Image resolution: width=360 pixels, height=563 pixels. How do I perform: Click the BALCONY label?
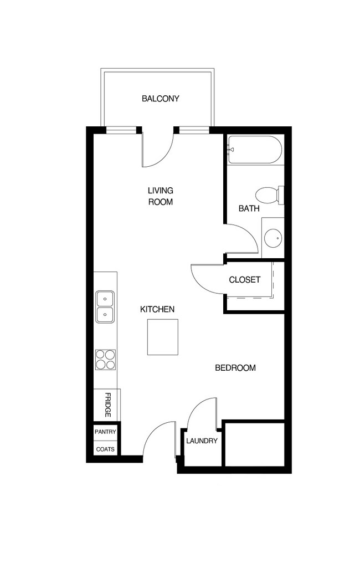[x=160, y=99]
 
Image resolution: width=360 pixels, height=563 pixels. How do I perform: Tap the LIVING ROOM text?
[x=160, y=196]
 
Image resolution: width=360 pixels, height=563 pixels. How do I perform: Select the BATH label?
[x=249, y=209]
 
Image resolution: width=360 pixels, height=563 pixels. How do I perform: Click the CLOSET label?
[x=244, y=280]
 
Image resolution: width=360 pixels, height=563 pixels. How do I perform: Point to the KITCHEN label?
[x=157, y=309]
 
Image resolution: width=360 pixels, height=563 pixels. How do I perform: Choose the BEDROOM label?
[x=235, y=368]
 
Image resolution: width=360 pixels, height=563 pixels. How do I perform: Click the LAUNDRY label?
[x=202, y=441]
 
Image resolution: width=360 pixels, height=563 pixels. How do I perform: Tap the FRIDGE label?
[x=107, y=406]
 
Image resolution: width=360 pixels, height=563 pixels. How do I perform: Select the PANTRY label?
[x=105, y=432]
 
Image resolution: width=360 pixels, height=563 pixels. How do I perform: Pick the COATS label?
[x=105, y=449]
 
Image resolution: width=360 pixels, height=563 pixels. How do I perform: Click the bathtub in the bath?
[x=255, y=150]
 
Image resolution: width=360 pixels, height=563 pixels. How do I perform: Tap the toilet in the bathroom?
[x=269, y=195]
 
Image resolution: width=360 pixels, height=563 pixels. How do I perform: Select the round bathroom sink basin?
[x=272, y=238]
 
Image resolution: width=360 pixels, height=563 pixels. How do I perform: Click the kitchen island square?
[x=163, y=337]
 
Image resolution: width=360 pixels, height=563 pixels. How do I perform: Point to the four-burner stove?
[x=105, y=359]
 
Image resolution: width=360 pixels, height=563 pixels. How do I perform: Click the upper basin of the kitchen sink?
[x=105, y=299]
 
